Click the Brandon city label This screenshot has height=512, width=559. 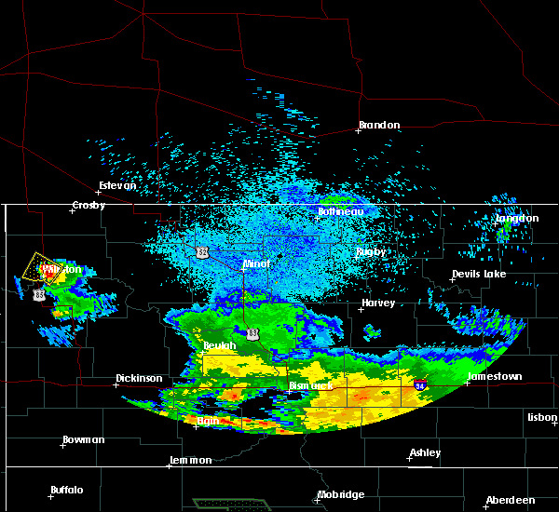380,125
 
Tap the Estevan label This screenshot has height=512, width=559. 117,185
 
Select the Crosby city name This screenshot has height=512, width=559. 89,205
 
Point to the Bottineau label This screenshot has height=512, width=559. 341,212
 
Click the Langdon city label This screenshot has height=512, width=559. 517,219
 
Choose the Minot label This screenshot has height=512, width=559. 256,264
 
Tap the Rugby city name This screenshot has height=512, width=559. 371,252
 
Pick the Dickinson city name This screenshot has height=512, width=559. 139,379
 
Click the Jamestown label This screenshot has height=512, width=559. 495,377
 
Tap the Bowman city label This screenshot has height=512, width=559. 84,439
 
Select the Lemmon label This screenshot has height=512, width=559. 191,461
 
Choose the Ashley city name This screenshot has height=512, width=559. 426,453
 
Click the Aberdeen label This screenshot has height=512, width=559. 510,500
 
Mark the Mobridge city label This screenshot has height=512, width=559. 340,494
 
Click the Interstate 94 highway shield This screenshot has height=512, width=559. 420,384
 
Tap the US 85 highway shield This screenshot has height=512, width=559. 38,294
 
